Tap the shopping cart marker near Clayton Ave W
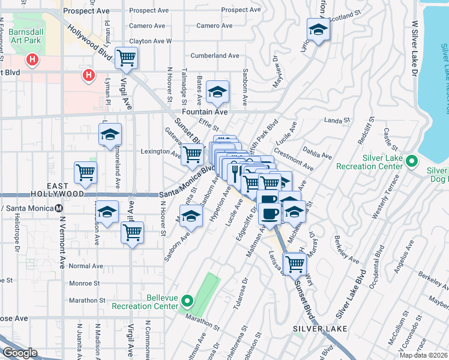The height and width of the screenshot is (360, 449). pyautogui.click(x=127, y=58)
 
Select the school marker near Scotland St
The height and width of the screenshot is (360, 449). pyautogui.click(x=318, y=29)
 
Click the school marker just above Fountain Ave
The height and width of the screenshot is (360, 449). pyautogui.click(x=217, y=91)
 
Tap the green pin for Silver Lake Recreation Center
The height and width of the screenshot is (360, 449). pyautogui.click(x=412, y=161)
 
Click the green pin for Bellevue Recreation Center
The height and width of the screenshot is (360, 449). pyautogui.click(x=187, y=301)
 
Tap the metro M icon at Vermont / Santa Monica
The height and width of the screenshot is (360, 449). pyautogui.click(x=59, y=208)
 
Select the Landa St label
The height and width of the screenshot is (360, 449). pyautogui.click(x=333, y=121)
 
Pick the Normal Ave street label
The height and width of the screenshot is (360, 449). pyautogui.click(x=86, y=266)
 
